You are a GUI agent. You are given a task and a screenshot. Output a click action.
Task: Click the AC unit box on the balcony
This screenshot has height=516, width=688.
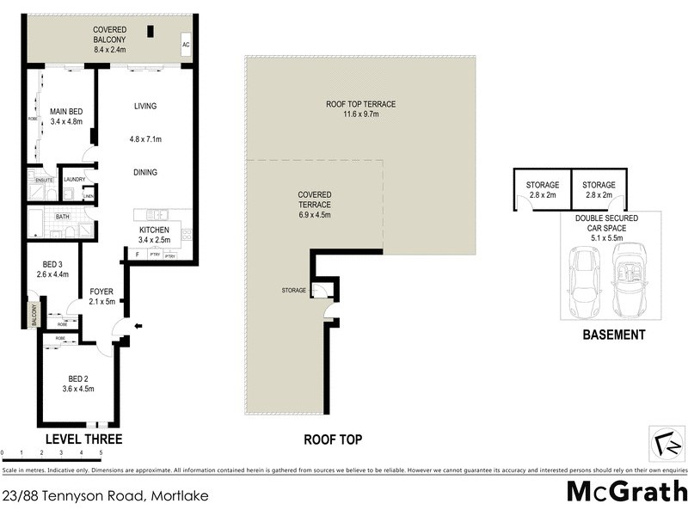coord(186,46)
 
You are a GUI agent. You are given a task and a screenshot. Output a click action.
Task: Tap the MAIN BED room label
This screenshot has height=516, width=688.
coord(65,111)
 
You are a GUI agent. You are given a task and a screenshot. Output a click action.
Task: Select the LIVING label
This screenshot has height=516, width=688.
coord(145,106)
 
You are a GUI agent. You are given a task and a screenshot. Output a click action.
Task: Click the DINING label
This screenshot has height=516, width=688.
coord(145,172)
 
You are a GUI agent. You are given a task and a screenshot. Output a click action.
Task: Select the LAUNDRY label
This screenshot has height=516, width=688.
coord(74,180)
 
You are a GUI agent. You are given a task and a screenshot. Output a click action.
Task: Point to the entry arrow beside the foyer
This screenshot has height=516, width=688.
coord(139,326)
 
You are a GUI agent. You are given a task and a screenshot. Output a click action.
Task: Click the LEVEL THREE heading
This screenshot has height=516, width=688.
coord(83,439)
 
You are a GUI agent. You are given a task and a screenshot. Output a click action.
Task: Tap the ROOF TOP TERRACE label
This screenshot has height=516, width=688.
coord(360,104)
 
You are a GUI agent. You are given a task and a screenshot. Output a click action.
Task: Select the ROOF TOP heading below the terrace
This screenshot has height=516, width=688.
coord(333,439)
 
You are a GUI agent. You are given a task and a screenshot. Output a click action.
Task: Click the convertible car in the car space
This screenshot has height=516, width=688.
coord(631,279)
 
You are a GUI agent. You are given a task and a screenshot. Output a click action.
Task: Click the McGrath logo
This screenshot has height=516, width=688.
coord(626,491)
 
